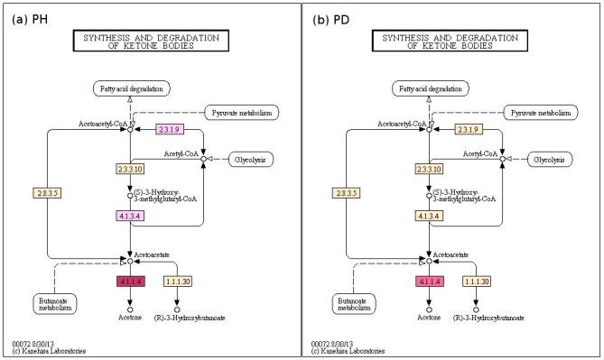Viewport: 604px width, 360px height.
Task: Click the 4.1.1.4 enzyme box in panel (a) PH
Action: tap(130, 282)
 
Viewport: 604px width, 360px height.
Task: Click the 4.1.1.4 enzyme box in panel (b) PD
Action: tap(431, 282)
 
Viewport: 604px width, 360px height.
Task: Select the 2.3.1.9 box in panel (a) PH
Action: tap(171, 129)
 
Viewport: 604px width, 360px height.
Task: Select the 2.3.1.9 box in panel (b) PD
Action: tap(469, 129)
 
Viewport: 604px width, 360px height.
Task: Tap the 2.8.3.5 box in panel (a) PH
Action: tap(46, 192)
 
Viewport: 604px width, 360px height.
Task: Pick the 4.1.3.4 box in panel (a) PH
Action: tap(130, 216)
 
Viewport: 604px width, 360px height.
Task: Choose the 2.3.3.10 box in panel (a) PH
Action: tap(130, 169)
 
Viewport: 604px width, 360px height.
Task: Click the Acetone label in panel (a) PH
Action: tap(130, 318)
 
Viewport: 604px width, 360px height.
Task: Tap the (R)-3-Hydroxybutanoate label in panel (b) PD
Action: tap(491, 318)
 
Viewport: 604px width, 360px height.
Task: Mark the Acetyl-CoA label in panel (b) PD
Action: tap(479, 153)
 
